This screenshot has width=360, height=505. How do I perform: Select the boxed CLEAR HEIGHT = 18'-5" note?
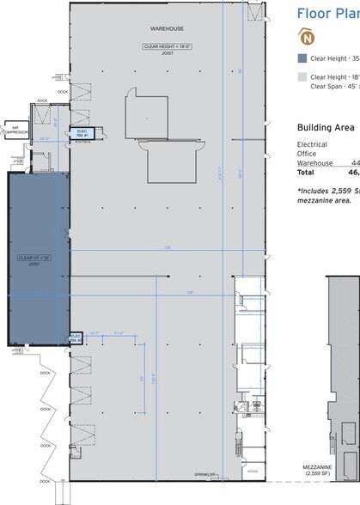click(156, 46)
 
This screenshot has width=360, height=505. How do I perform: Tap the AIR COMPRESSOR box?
click(16, 131)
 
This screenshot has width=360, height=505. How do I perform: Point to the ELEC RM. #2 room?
click(75, 338)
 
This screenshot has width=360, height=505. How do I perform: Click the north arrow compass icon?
click(304, 36)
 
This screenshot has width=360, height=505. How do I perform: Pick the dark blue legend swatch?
click(301, 58)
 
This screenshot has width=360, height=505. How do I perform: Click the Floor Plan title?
click(327, 13)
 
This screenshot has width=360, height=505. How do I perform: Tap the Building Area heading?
click(327, 125)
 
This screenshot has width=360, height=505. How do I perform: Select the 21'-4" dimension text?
click(119, 333)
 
